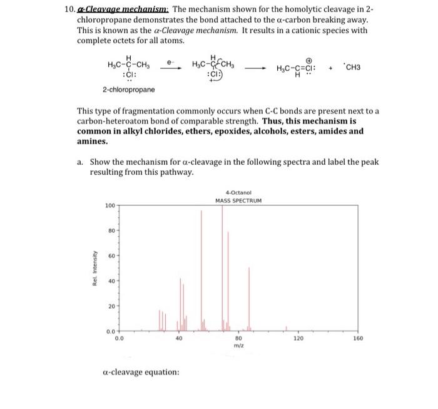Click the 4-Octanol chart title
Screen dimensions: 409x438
tap(238, 192)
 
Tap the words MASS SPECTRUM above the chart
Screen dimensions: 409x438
tap(238, 200)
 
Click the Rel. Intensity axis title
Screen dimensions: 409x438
tap(94, 267)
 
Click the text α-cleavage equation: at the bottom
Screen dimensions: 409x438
tap(140, 372)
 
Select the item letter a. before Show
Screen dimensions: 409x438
tap(81, 162)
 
